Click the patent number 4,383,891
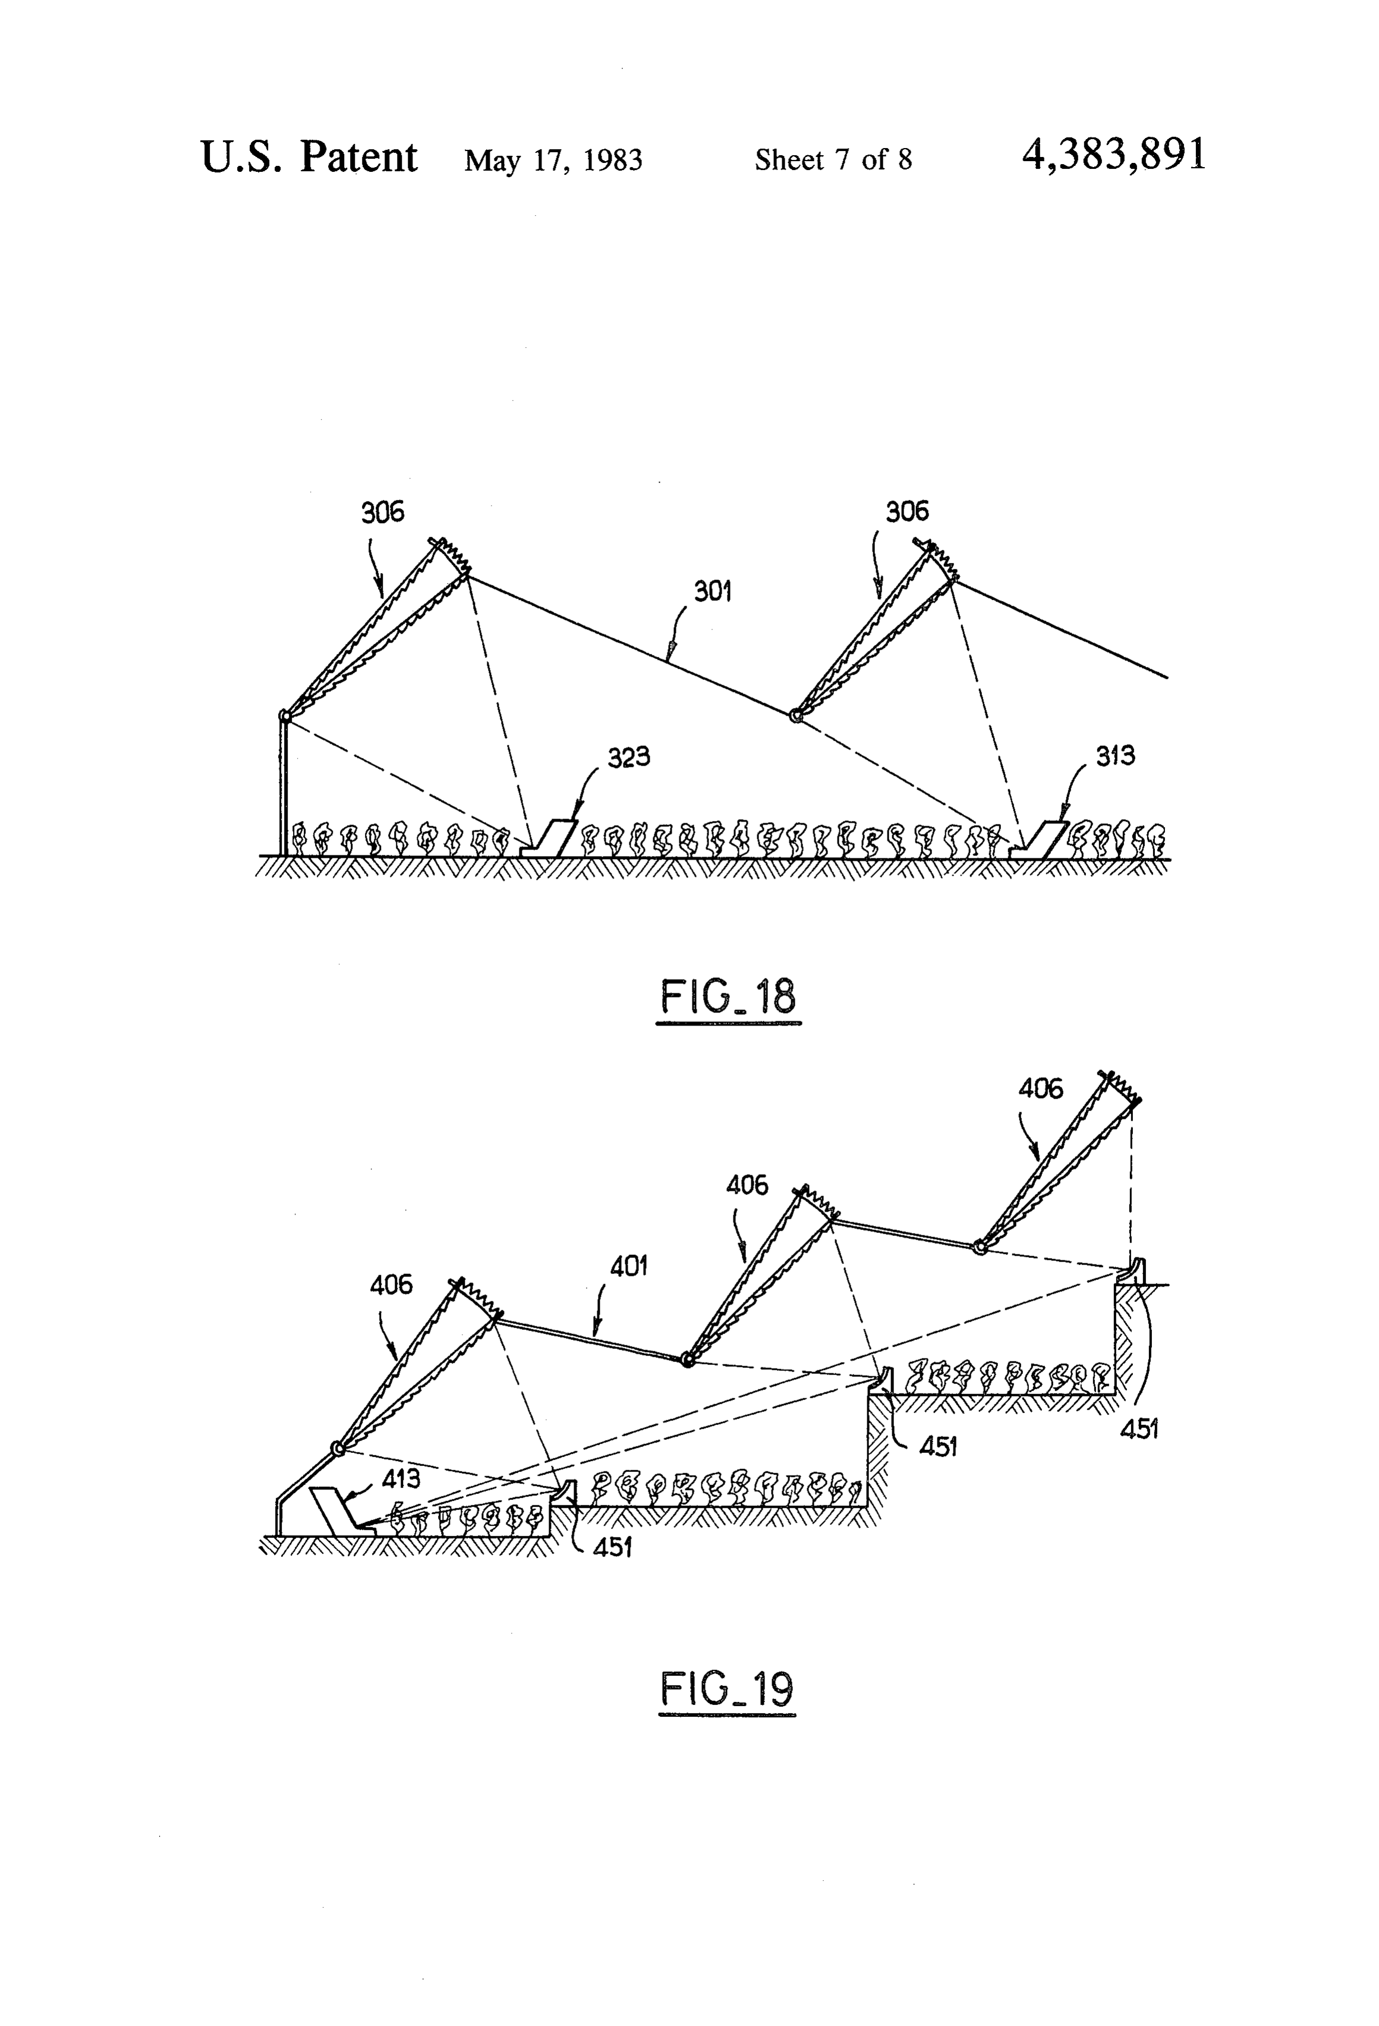(1114, 156)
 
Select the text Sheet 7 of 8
(833, 159)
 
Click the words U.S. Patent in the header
(310, 157)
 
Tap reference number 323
(628, 757)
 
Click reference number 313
(1115, 756)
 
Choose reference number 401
(628, 1266)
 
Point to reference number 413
(401, 1478)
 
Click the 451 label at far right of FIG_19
(1138, 1429)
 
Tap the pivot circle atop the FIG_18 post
(284, 716)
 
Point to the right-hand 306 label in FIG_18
(908, 512)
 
